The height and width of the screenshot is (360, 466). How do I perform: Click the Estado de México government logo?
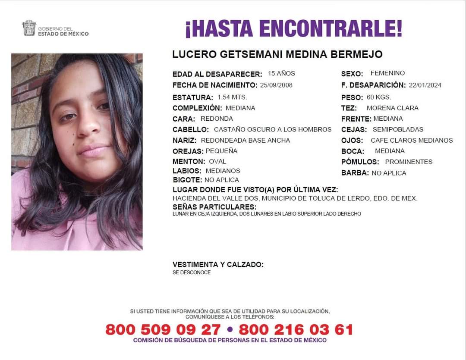pos(29,28)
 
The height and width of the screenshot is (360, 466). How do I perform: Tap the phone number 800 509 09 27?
pos(163,330)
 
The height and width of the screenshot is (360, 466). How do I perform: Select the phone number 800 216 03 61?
pos(296,330)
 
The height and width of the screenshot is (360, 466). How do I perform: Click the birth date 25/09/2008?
pos(276,85)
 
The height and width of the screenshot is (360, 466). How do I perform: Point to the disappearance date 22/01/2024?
pos(425,85)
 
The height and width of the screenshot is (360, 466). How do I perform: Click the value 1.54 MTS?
pos(232,97)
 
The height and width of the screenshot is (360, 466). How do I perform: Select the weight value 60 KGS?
pos(379,97)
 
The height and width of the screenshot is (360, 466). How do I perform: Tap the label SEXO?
pos(352,74)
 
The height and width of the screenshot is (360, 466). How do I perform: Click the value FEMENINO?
pos(387,73)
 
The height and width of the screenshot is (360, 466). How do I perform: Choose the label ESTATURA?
pos(193,97)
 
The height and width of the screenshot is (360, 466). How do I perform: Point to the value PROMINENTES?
pos(409,162)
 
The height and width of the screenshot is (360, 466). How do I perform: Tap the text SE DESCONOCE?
pos(192,272)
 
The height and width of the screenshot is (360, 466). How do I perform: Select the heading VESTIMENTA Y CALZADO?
pos(218,265)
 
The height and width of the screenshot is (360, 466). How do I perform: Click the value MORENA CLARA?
pos(392,108)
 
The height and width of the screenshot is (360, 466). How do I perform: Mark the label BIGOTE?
pos(187,180)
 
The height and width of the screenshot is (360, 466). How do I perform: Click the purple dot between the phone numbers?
pos(230,330)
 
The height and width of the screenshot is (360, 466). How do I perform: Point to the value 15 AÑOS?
pos(281,73)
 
